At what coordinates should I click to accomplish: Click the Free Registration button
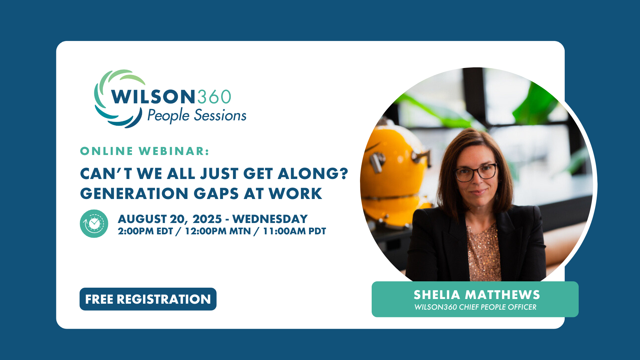click(148, 299)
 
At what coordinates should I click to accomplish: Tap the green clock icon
click(94, 224)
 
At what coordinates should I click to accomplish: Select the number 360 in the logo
click(214, 97)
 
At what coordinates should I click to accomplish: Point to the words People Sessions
click(197, 116)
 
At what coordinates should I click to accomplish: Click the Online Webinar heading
click(145, 151)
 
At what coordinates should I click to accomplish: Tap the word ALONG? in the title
click(313, 174)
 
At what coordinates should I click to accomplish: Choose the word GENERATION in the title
click(134, 194)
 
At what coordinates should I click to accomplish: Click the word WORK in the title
click(295, 194)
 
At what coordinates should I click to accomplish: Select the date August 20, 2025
click(170, 219)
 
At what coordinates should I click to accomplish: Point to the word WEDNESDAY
click(270, 219)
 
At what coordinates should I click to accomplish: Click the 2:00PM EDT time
click(145, 231)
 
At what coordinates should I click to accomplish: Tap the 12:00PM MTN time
click(218, 231)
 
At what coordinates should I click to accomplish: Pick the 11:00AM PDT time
click(295, 231)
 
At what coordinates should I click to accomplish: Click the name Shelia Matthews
click(477, 295)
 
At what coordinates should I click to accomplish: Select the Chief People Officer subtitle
click(475, 307)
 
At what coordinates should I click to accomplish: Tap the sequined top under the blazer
click(483, 253)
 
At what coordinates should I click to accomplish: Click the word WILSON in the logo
click(153, 97)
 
